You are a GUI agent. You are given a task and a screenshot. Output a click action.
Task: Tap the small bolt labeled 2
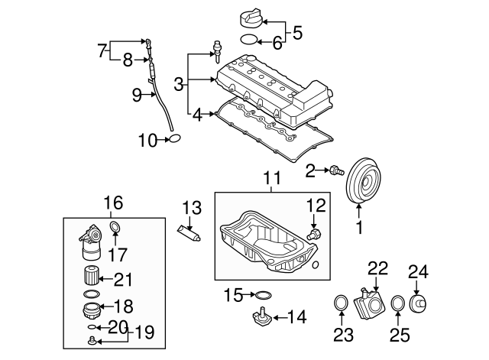pos(333,170)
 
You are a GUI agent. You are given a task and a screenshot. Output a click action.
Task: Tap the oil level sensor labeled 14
pos(260,317)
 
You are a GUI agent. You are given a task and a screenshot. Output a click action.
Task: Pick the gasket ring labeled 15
pos(261,294)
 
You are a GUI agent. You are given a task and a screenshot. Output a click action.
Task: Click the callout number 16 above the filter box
pos(113,203)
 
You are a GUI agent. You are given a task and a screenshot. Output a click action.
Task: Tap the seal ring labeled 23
pos(340,306)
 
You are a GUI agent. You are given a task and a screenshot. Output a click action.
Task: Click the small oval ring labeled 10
pos(175,139)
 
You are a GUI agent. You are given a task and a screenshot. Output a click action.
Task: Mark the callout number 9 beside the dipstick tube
pos(137,96)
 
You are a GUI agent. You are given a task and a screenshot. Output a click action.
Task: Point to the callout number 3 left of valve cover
pos(179,84)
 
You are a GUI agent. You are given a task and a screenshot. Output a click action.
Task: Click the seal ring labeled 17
pos(115,227)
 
